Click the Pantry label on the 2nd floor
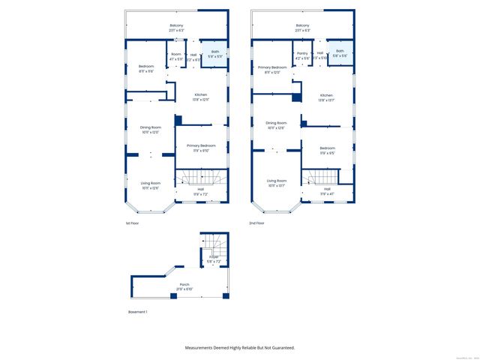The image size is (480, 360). point(302,53)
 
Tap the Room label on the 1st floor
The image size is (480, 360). point(176,54)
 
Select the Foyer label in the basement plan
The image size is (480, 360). point(214,258)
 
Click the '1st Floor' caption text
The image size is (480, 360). point(132,223)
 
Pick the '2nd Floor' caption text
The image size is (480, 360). point(258,223)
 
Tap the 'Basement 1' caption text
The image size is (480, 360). point(138,312)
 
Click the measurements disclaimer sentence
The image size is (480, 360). point(240,347)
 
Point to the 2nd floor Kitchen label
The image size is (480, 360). point(326,95)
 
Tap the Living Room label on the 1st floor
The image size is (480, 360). point(151,184)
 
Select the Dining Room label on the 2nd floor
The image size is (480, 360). point(277,123)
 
